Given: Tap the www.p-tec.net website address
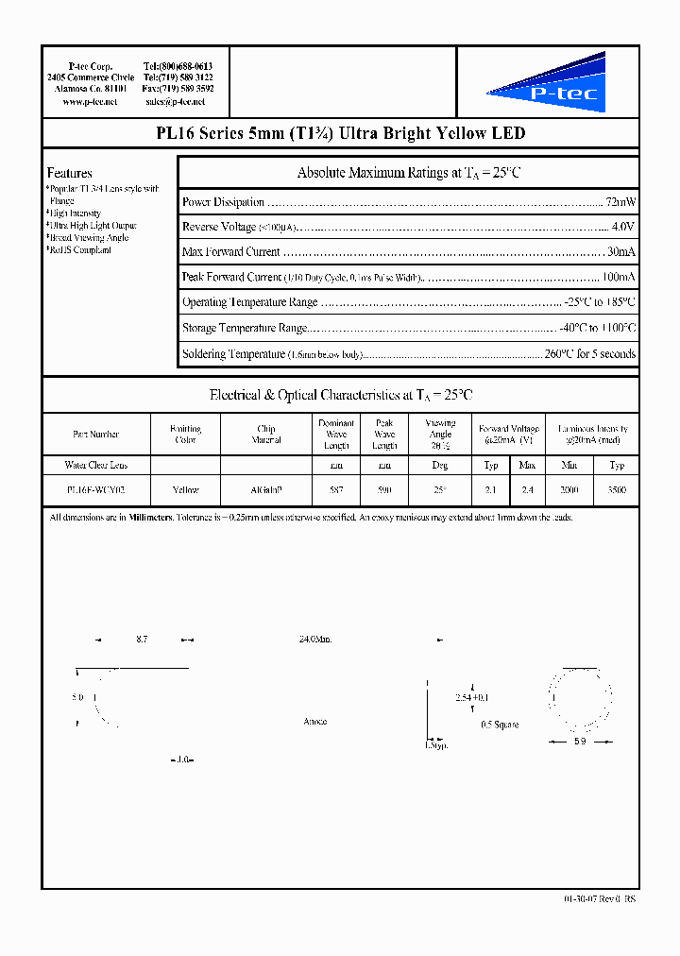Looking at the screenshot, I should click(90, 101).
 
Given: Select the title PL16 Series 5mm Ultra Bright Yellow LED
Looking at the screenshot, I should click(340, 133).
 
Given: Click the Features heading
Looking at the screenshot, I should click(70, 173).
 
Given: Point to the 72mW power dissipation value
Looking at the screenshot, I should click(620, 202).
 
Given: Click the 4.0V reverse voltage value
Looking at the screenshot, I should click(622, 227).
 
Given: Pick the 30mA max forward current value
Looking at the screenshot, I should click(620, 252).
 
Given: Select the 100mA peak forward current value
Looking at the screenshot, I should click(618, 278).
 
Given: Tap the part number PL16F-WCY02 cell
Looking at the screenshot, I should click(95, 490).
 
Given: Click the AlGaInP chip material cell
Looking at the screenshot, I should click(266, 490).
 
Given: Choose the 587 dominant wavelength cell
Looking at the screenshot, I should click(336, 490).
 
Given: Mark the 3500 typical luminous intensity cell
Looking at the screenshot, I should click(617, 490).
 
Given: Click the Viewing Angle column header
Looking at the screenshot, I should click(440, 434).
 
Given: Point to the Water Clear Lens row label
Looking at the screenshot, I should click(95, 465).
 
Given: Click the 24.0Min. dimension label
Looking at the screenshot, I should click(314, 640).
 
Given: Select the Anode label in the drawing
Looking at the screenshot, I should click(314, 722).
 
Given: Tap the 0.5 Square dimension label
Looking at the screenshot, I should click(500, 725).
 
